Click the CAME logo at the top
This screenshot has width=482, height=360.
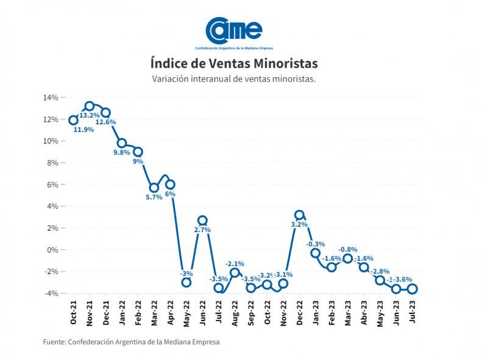point(234,32)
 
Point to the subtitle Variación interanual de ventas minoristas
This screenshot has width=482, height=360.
point(234,79)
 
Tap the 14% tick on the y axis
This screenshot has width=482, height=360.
point(50,97)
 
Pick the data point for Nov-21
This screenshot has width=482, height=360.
point(90,106)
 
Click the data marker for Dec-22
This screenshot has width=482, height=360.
point(299,215)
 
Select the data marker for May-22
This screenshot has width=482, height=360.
point(186,282)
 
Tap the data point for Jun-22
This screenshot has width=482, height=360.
point(202,221)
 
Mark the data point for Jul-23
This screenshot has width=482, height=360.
point(413,289)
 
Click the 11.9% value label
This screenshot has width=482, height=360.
point(84,130)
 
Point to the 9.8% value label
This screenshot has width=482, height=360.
point(121,152)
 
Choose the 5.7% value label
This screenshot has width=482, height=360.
point(154,197)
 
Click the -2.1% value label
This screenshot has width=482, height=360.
point(235,263)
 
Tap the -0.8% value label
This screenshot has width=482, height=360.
point(348,250)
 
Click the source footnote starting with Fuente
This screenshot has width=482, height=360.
point(131,342)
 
